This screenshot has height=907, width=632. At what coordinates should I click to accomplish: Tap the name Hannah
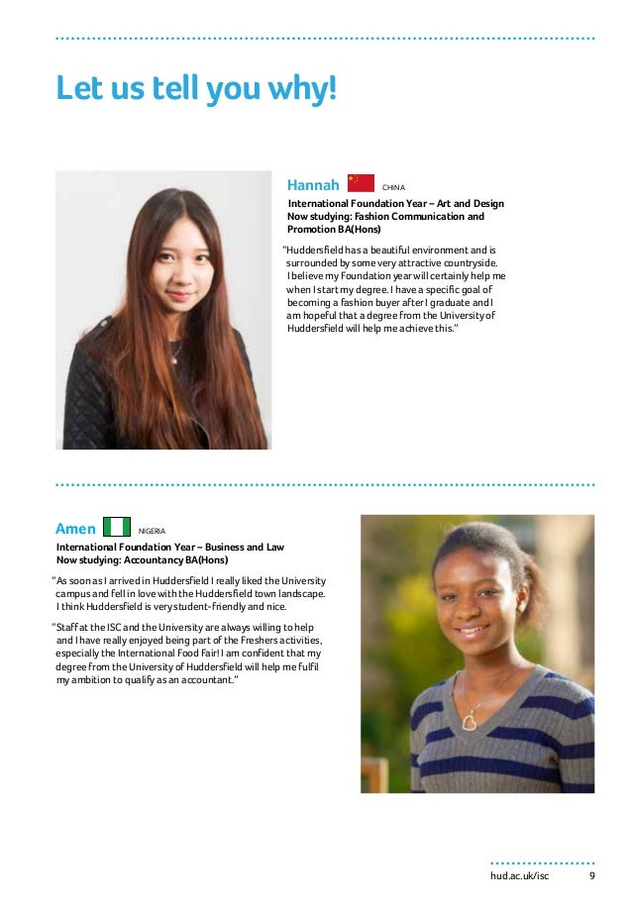click(313, 184)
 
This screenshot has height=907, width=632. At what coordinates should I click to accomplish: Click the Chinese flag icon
click(361, 183)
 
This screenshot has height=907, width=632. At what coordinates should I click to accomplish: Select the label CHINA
click(394, 186)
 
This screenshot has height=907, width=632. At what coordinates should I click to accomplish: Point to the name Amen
click(76, 529)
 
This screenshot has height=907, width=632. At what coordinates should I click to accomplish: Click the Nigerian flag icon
click(117, 528)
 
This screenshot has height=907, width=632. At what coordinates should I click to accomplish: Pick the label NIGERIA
click(152, 532)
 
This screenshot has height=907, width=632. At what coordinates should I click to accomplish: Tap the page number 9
click(591, 876)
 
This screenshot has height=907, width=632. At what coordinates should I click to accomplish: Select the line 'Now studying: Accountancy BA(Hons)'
click(142, 560)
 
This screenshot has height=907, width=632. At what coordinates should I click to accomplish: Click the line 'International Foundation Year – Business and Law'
click(169, 547)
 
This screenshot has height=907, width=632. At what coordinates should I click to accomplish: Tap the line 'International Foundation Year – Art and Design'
click(395, 204)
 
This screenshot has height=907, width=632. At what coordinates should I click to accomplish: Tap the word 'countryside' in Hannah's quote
click(465, 264)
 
